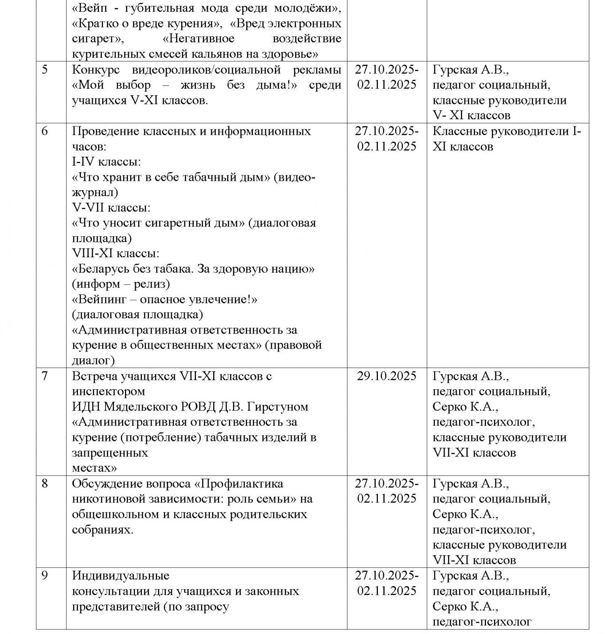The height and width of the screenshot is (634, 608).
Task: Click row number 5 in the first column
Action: (45, 70)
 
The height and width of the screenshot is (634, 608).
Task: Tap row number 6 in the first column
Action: (45, 131)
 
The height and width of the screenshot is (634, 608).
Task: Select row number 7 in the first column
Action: (45, 376)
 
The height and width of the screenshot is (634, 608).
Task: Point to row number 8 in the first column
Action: (45, 483)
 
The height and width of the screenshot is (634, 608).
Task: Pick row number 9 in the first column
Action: (45, 575)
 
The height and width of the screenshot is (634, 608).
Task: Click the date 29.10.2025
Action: (386, 376)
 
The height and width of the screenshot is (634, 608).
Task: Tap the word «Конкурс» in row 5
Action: (96, 70)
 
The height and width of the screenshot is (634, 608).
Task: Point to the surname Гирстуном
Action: (277, 407)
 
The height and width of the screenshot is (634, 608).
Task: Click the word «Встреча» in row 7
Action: (95, 376)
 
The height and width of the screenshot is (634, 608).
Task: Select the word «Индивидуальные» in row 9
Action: (121, 575)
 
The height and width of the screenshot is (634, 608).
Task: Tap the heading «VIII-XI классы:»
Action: (116, 254)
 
